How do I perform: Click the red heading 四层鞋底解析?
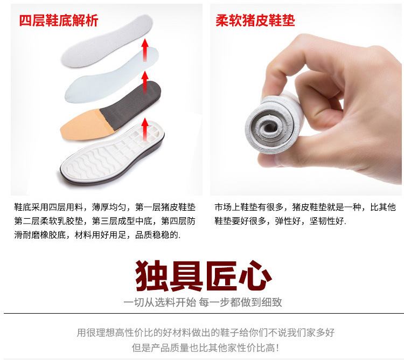pyautogui.click(x=59, y=20)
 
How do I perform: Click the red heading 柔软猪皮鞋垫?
pyautogui.click(x=255, y=20)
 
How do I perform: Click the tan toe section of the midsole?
pyautogui.click(x=82, y=124)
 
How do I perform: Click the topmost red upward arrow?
pyautogui.click(x=145, y=50)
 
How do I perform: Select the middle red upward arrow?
pyautogui.click(x=145, y=82)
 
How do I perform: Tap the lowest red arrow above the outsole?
pyautogui.click(x=145, y=129)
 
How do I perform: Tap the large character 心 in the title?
pyautogui.click(x=255, y=275)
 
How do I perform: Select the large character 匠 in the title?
pyautogui.click(x=220, y=275)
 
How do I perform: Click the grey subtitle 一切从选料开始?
pyautogui.click(x=160, y=302)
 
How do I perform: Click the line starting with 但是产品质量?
pyautogui.click(x=205, y=348)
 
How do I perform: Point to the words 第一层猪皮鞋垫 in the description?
pyautogui.click(x=165, y=207)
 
